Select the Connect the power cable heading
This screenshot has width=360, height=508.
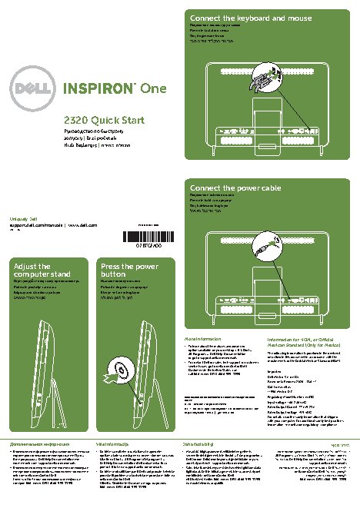pos(235,187)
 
